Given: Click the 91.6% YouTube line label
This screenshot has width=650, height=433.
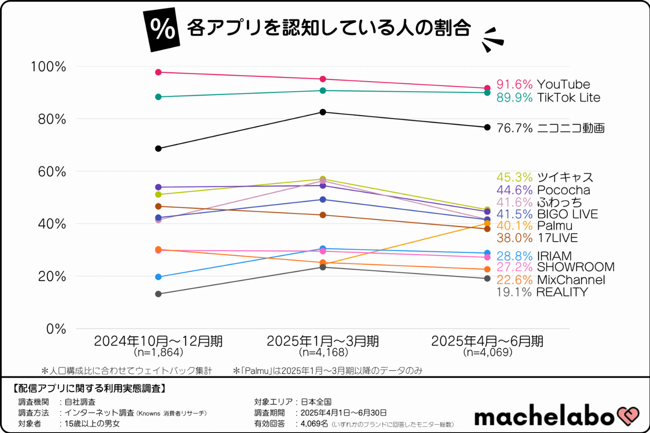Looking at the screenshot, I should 543,84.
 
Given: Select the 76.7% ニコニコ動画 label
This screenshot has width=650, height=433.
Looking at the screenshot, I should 550,128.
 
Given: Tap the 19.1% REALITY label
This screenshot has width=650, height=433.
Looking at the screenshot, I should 542,292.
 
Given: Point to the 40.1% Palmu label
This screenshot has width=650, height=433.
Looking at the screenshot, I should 534,226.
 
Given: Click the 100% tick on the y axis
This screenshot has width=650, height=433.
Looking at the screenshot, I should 48,67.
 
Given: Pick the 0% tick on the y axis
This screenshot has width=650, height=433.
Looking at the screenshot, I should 56,329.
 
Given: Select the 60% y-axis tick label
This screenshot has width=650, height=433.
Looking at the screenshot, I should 52,171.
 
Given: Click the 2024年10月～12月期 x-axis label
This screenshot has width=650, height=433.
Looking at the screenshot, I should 158,341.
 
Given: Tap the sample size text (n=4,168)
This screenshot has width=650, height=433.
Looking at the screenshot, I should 323,352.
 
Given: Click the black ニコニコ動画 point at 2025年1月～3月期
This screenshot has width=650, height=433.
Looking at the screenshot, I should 323,112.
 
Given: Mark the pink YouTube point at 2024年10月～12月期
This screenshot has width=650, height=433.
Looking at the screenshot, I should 158,72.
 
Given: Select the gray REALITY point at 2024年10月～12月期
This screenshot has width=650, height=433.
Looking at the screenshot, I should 158,294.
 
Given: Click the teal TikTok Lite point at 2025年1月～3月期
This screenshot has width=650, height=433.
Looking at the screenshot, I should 323,91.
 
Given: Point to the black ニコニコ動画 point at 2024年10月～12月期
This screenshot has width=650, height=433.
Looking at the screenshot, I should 158,149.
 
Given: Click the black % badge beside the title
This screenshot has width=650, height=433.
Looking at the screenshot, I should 162,29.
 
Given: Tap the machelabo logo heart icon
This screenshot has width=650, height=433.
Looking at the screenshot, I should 628,416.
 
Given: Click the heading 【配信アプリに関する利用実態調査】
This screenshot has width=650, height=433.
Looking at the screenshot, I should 89,389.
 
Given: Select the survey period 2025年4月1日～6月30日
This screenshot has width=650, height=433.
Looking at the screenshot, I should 343,413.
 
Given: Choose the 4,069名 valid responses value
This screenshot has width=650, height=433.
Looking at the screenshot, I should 314,424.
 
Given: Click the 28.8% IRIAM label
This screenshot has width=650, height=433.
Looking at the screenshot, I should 534,256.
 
